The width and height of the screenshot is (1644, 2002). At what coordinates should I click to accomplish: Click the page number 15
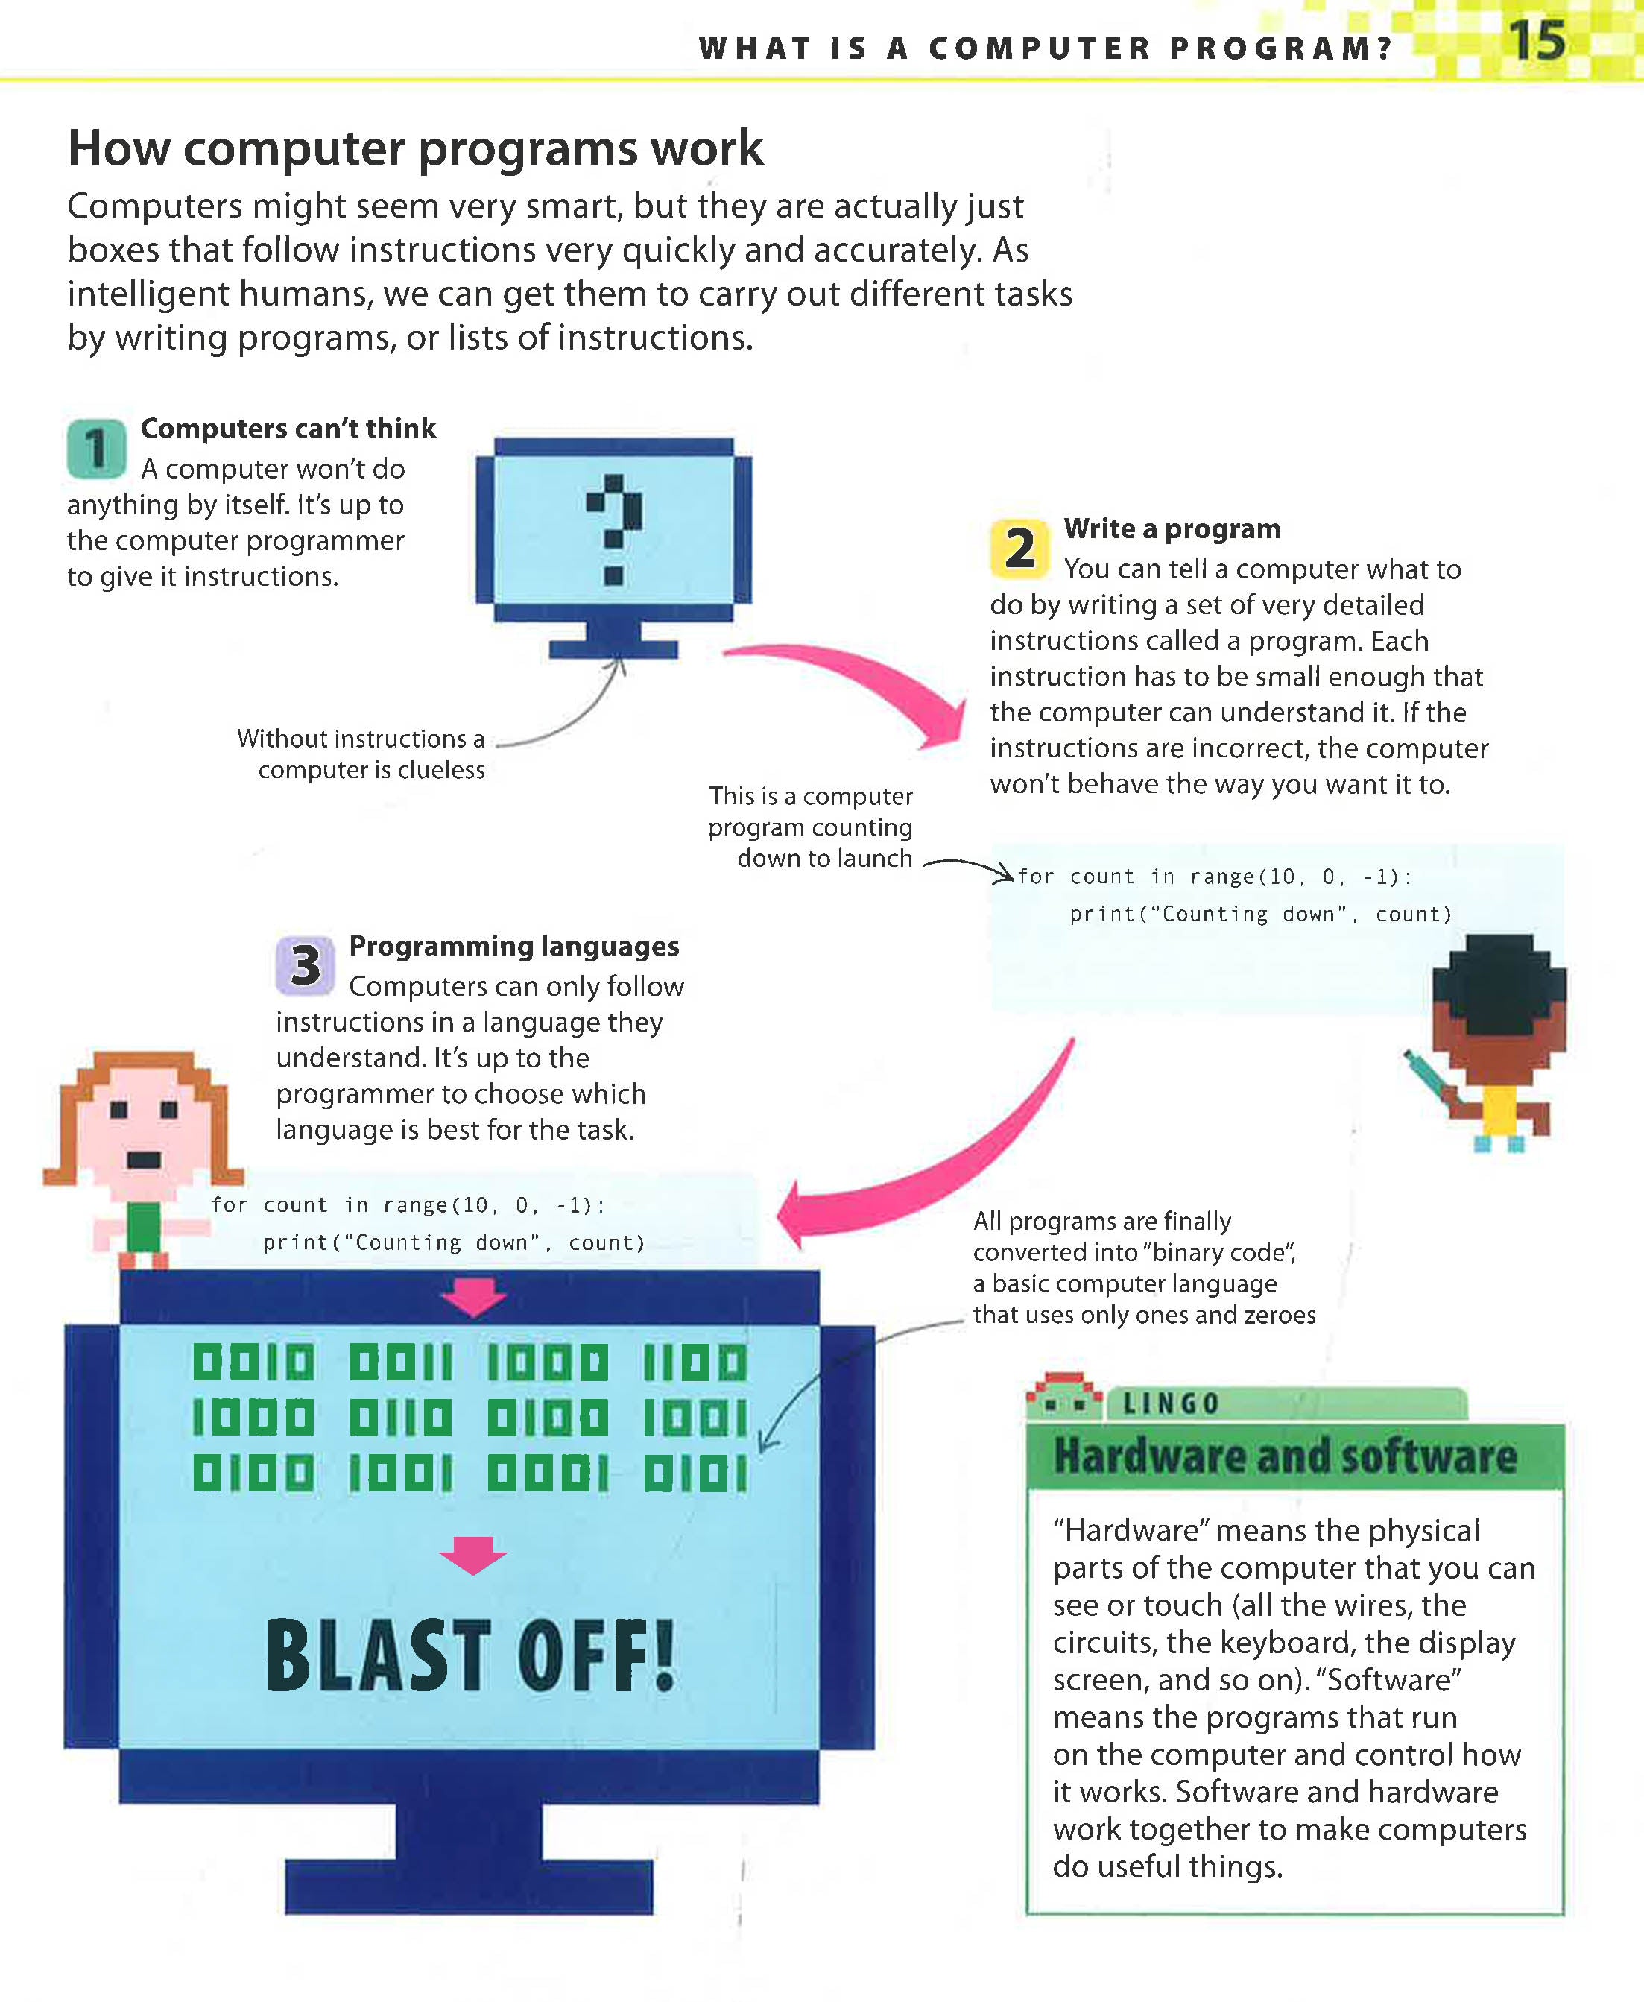[1536, 41]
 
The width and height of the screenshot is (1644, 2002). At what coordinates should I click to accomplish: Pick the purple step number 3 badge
[305, 965]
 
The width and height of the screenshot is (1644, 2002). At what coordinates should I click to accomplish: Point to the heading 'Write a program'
[1172, 528]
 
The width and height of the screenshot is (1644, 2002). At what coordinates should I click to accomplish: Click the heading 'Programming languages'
[514, 946]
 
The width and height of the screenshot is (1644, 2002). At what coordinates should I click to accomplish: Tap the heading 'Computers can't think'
[288, 428]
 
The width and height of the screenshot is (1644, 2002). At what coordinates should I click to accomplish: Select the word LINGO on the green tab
[1171, 1403]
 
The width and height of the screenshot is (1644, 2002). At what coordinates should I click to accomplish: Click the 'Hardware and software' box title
[1285, 1456]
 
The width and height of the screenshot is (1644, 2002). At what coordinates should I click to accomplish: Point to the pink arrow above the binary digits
[473, 1295]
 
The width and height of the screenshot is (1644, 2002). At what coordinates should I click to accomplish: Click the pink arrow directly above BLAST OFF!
[473, 1555]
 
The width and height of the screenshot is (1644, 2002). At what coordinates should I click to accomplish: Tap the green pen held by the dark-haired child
[1427, 1073]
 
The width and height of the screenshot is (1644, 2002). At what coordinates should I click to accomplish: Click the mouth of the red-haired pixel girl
[144, 1160]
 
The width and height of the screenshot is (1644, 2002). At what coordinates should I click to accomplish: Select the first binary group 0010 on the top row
[253, 1362]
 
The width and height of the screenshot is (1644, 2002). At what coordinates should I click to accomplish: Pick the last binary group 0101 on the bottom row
[695, 1474]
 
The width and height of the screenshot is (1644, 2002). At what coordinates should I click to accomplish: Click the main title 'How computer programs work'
[415, 148]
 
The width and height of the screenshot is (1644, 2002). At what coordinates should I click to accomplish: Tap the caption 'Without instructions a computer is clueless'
[361, 754]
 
